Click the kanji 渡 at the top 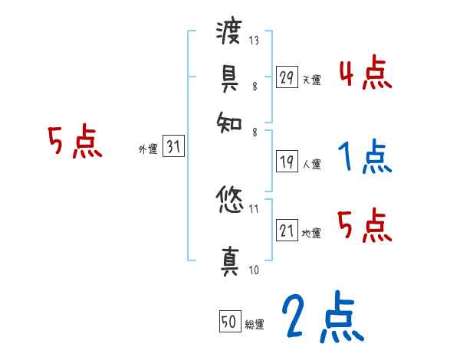(230, 32)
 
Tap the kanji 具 (230, 77)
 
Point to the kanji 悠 (230, 202)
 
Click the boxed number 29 (287, 77)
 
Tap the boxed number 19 (287, 162)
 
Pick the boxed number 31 (174, 148)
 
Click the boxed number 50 (228, 322)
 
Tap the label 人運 (311, 164)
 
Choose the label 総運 (254, 325)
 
